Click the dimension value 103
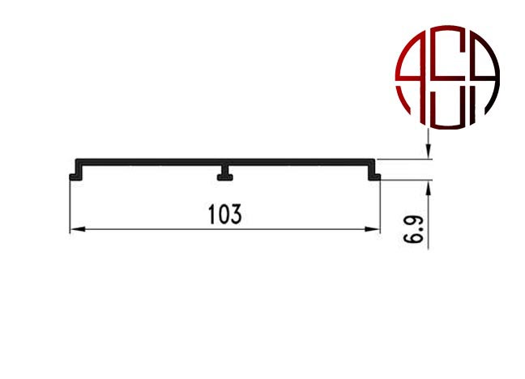224,215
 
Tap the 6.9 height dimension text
413,229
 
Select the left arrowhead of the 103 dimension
77,229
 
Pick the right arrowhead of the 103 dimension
373,229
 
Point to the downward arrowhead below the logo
429,150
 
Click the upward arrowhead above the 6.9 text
429,189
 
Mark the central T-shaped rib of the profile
225,173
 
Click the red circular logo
447,77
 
